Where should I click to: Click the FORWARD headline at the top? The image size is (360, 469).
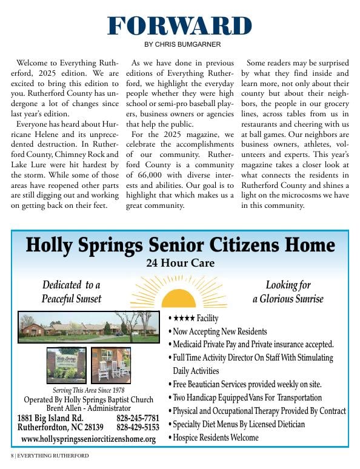pos(179,26)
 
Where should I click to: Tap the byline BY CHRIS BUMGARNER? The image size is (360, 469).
pos(179,44)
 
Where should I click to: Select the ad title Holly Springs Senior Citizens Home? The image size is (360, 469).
pos(180,245)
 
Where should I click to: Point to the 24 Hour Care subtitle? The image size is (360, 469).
pos(180,264)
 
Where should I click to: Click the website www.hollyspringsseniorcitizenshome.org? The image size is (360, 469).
pos(88,439)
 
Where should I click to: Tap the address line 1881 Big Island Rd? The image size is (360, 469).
pos(50,418)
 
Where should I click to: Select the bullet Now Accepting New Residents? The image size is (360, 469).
pos(219,331)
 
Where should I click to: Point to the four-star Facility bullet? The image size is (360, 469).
pos(195,319)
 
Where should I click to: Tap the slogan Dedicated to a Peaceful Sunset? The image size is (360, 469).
pos(72,292)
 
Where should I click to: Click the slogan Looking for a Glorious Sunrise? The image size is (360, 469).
pos(288,292)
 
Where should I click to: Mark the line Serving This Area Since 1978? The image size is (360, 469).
pos(88,390)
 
